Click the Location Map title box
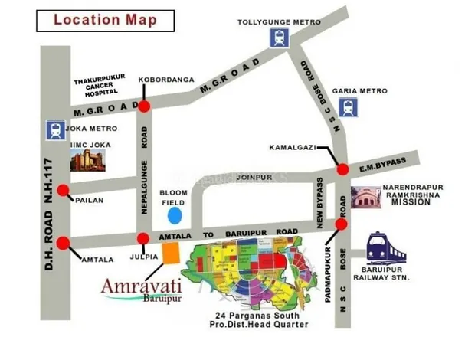click(x=104, y=19)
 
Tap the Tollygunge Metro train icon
click(x=277, y=38)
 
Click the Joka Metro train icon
click(x=55, y=129)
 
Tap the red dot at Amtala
click(x=63, y=243)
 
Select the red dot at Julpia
click(x=143, y=238)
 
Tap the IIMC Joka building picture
click(x=87, y=159)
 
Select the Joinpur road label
click(x=254, y=176)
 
